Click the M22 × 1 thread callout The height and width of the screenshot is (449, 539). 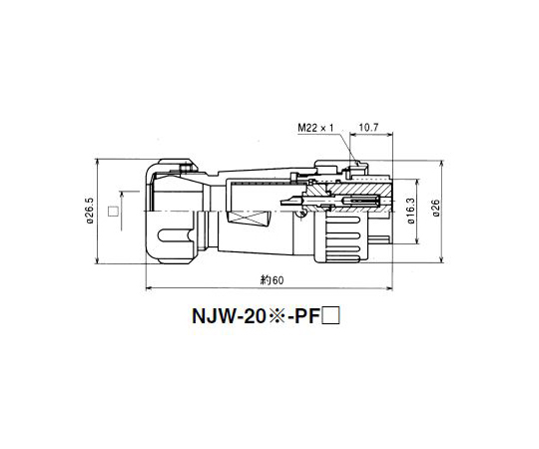315,128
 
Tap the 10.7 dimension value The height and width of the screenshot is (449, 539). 369,128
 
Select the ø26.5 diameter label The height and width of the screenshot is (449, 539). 90,211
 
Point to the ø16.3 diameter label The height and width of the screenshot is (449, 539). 411,211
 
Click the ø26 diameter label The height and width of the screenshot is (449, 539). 436,209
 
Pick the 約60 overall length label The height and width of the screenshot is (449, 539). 272,280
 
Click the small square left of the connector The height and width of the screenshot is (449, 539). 113,211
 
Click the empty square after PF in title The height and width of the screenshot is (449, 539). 330,316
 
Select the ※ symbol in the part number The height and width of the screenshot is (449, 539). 276,316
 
